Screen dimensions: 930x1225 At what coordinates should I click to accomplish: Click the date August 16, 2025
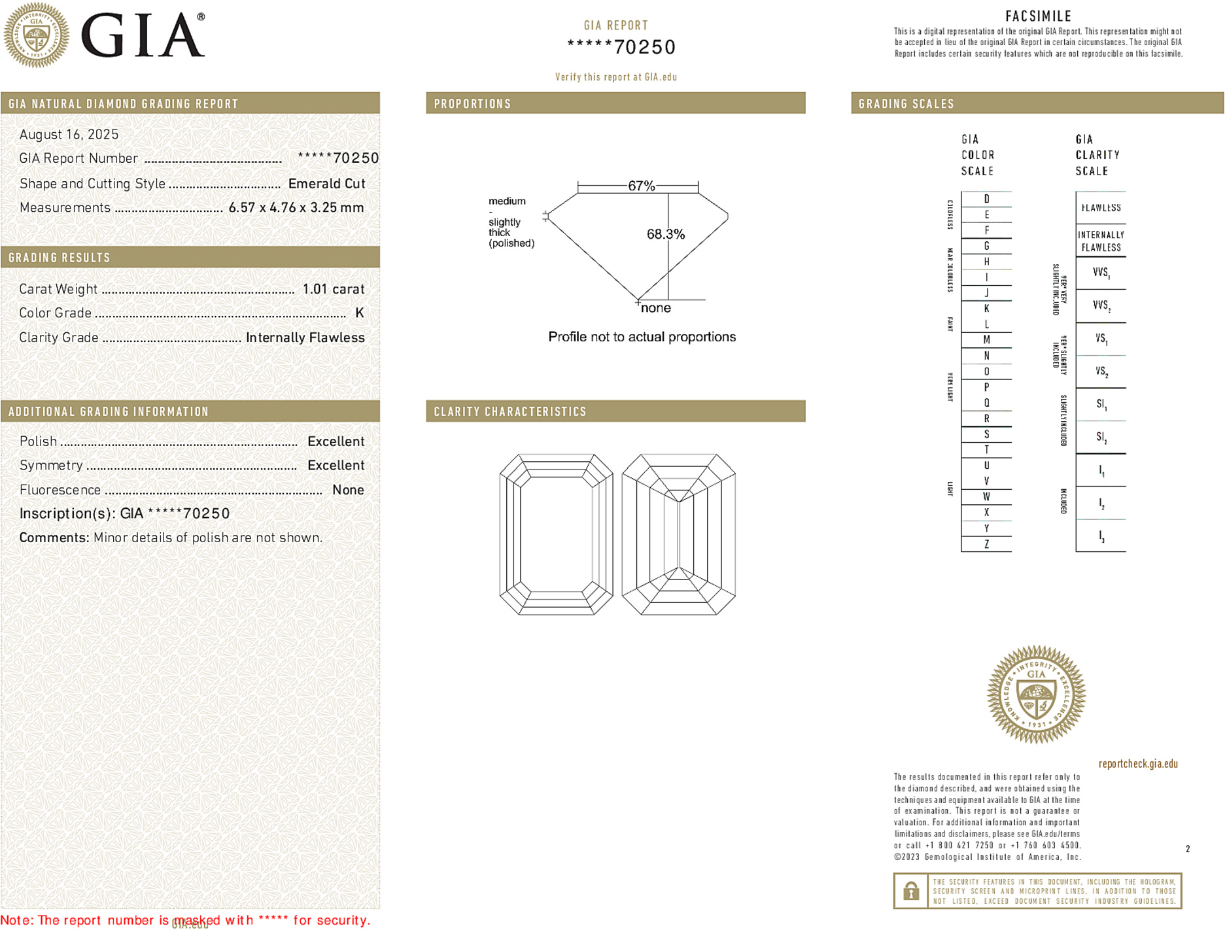pos(69,135)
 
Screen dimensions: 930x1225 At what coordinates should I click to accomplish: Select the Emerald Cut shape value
pos(326,184)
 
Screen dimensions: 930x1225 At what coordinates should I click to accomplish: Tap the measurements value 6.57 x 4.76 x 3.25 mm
pos(296,208)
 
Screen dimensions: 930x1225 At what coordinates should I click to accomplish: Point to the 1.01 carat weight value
pos(333,289)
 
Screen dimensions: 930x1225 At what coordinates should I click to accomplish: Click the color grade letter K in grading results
pos(359,313)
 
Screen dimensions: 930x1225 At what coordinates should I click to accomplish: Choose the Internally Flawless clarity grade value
pos(305,337)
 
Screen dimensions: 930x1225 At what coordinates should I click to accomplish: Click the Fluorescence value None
pos(348,490)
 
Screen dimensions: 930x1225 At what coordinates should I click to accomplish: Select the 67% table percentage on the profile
pos(641,186)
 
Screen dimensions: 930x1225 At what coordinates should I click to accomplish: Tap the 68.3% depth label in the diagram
pos(665,234)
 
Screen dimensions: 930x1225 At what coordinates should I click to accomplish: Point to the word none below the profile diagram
pos(655,308)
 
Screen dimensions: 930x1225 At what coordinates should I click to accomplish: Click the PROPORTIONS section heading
pos(472,104)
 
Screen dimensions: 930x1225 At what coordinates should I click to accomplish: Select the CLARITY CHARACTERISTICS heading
pos(510,411)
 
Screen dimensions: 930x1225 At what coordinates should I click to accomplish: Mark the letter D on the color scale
pos(986,199)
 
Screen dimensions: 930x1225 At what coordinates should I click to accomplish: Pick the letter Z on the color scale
pos(986,544)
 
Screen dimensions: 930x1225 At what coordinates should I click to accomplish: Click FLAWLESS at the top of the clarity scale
pos(1101,208)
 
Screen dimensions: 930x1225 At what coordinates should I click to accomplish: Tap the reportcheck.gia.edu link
pos(1138,764)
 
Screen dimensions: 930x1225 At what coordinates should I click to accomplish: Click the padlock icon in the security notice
pos(910,891)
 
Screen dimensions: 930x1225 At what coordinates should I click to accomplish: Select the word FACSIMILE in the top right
pos(1038,16)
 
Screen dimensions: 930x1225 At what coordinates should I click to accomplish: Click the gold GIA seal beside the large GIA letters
pos(37,35)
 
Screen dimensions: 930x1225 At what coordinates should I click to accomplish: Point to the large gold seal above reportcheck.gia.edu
pos(1036,695)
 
